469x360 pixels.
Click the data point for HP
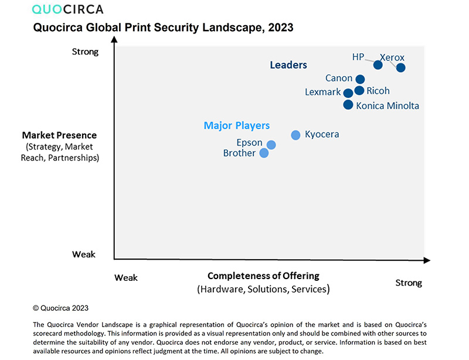coord(378,64)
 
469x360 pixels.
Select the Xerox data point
coord(400,68)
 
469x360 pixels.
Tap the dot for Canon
coord(360,79)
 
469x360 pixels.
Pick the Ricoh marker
coord(359,90)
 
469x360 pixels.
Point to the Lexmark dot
coord(348,93)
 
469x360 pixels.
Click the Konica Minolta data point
coord(348,105)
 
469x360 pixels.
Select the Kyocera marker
coord(295,135)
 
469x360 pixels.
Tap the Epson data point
coord(271,145)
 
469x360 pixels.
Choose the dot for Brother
coord(264,153)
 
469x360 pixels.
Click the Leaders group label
coord(288,65)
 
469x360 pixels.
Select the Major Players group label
coord(237,125)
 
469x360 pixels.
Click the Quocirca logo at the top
coord(67,9)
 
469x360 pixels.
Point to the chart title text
coord(164,28)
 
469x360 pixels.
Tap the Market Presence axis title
coord(59,135)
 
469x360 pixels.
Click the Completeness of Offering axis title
coord(263,276)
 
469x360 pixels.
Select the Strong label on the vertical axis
coord(85,52)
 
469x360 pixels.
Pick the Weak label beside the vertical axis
coord(84,254)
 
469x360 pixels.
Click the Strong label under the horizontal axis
coord(409,283)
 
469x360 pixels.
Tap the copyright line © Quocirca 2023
coord(61,307)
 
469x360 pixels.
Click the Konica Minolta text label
coord(388,106)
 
